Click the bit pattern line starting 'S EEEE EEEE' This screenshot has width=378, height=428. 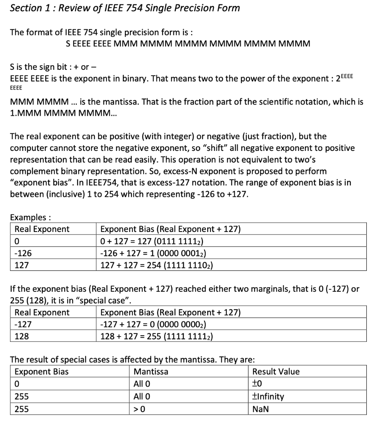[188, 43]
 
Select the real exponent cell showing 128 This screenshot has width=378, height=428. [22, 336]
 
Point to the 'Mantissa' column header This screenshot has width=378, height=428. [151, 372]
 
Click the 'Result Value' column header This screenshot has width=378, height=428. [276, 372]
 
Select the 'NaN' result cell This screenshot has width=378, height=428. [261, 409]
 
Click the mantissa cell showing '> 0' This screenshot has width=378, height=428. [139, 409]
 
